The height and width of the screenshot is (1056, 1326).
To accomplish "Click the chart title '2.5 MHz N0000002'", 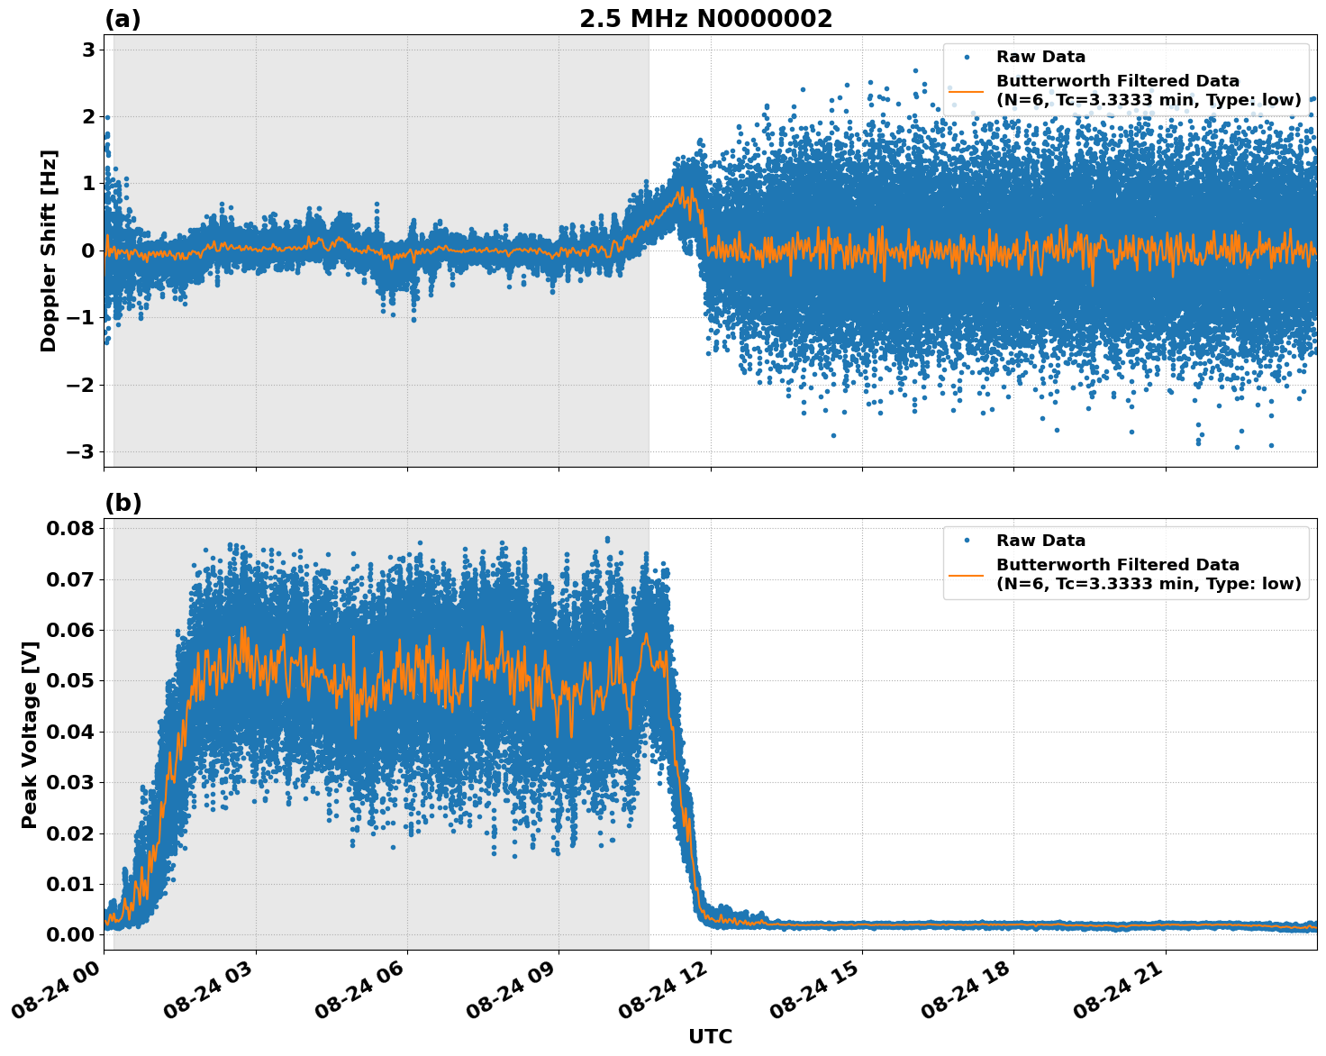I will [705, 19].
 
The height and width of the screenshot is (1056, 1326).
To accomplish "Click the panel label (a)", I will [123, 19].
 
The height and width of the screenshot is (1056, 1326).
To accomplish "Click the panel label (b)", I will [123, 503].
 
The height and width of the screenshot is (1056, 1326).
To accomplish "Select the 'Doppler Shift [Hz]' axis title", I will [49, 250].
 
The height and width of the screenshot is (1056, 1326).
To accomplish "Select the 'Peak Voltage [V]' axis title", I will [30, 734].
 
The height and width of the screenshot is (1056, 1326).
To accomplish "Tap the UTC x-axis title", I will [710, 1036].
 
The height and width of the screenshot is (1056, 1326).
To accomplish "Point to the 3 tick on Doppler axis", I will [88, 50].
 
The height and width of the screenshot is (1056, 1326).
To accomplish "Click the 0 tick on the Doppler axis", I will [88, 250].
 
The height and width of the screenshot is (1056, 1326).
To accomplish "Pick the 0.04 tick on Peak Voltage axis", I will [70, 731].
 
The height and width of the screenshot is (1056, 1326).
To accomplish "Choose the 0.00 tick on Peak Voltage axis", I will [70, 934].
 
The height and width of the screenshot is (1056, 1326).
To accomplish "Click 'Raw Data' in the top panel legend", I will [1040, 57].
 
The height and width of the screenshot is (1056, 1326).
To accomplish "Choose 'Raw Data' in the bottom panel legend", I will [1040, 541].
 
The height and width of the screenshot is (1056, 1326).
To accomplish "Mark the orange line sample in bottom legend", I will [967, 574].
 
